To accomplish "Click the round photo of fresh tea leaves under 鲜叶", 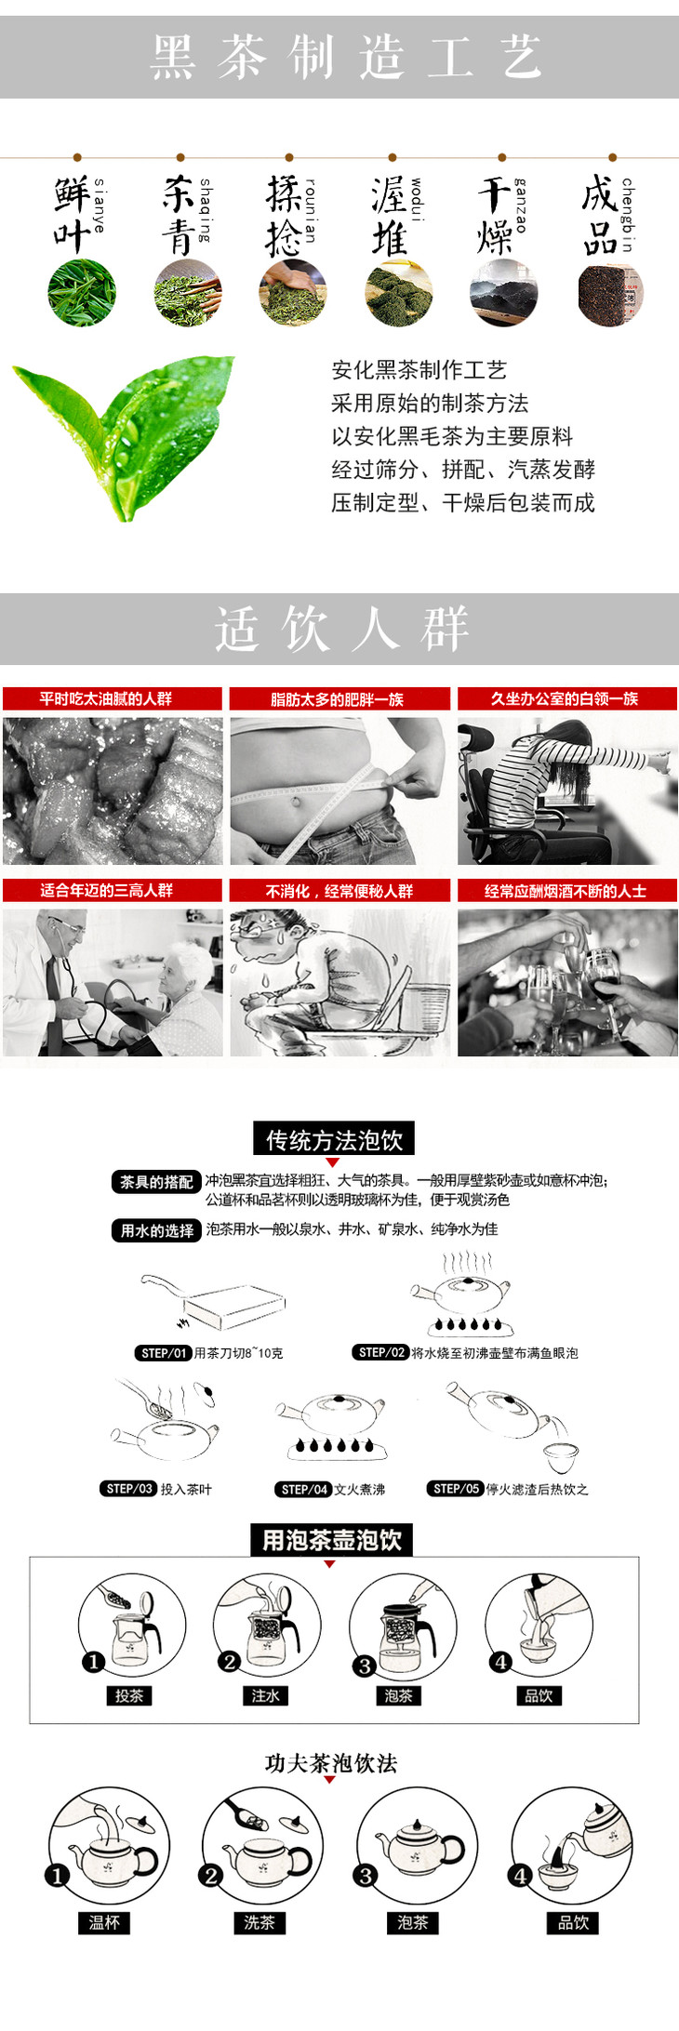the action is [82, 293].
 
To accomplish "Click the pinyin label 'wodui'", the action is [416, 199].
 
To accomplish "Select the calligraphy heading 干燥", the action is [495, 216].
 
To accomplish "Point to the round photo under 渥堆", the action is [399, 293].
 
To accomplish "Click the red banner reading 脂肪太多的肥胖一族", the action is [339, 698].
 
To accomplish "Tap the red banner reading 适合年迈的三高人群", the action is [113, 890].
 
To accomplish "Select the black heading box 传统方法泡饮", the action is [334, 1139].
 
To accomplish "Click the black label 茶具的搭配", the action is [156, 1182].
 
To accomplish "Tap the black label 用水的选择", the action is [156, 1230].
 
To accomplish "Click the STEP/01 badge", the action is [163, 1353].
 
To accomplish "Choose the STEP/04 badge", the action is [303, 1489].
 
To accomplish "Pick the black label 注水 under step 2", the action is [265, 1695].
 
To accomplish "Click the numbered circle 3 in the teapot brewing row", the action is [365, 1666].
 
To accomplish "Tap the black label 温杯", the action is [104, 1922].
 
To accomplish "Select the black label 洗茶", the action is [259, 1922].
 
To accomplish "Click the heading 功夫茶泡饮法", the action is [331, 1763].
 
